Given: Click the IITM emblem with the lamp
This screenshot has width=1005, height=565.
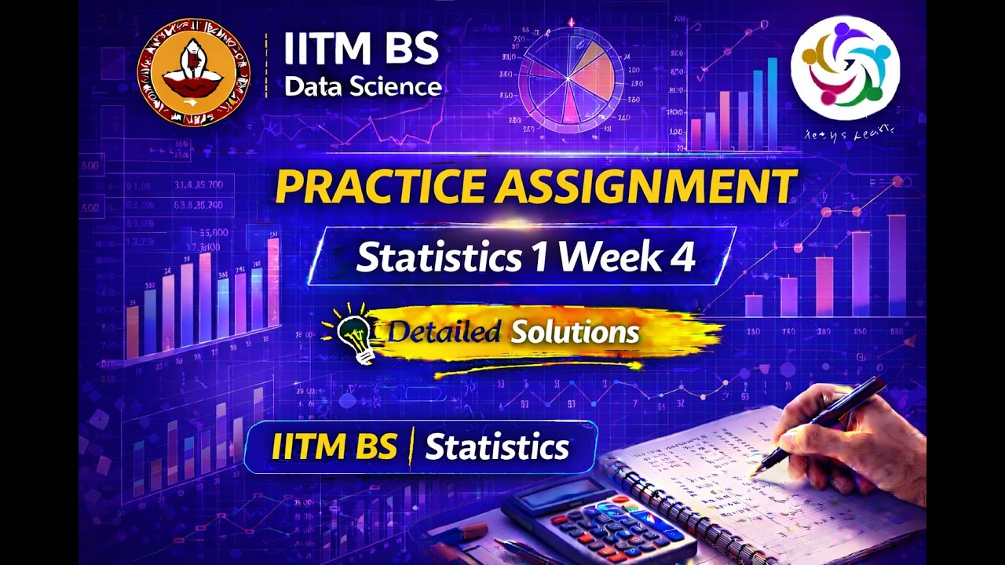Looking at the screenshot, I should click(194, 73).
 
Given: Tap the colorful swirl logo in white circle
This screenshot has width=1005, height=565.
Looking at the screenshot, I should click(845, 67).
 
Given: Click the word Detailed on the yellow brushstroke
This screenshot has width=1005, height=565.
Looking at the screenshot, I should click(444, 332).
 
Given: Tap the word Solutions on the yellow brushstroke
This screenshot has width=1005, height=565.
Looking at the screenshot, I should click(575, 332).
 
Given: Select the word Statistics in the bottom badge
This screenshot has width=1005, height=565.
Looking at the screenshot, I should click(497, 447).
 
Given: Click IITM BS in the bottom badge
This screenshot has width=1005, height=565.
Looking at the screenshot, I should click(334, 447).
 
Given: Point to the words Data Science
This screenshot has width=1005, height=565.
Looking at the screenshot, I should click(362, 86).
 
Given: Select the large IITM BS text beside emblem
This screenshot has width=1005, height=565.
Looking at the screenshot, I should click(360, 50).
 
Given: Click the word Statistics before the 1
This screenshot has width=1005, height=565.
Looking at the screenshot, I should click(438, 256).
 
